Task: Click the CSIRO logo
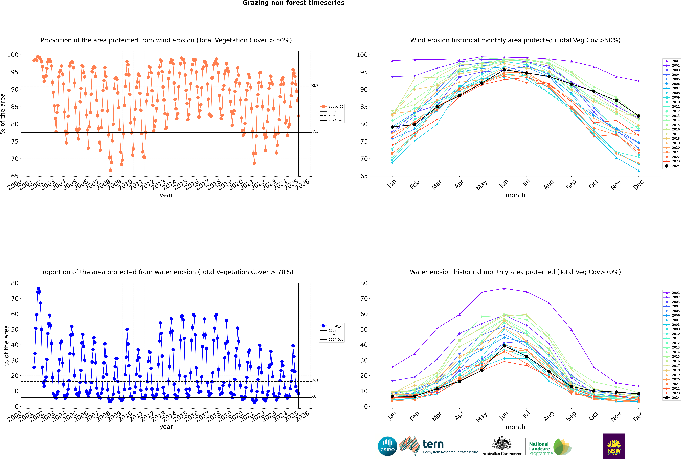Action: pos(387,446)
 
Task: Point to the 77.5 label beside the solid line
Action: pos(314,131)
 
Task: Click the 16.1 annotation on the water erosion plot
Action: pos(314,380)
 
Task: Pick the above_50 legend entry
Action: pos(332,107)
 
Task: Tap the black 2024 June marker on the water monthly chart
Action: pos(504,346)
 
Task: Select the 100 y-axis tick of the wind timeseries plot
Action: pos(13,55)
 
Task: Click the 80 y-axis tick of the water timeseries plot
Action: pos(15,283)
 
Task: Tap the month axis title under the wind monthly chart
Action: pos(515,195)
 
